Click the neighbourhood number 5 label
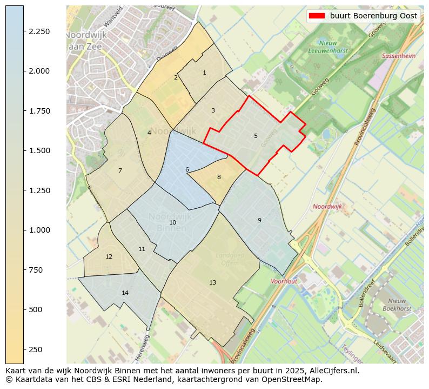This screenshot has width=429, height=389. (x=256, y=136)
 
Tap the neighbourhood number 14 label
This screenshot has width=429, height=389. (x=125, y=293)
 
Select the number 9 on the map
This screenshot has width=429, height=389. (x=259, y=220)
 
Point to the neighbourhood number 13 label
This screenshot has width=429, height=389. (x=212, y=282)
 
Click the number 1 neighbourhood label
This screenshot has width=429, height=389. (x=204, y=72)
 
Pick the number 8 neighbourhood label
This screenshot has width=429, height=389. (x=219, y=177)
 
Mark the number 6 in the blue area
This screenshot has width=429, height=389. (x=187, y=169)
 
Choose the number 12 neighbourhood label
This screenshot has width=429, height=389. (x=109, y=256)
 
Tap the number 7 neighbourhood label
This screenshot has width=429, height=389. (x=120, y=170)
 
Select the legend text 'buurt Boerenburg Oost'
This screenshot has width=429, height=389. (x=373, y=16)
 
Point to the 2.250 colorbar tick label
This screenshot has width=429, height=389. (x=39, y=31)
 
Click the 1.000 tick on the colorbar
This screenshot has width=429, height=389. (x=39, y=230)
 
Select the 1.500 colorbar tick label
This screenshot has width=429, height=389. (x=39, y=150)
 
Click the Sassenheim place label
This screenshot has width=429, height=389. (x=399, y=56)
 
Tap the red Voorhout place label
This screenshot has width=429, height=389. (x=284, y=281)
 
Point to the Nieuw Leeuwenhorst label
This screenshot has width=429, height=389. (x=328, y=47)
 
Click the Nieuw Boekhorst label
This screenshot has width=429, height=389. (x=397, y=305)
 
